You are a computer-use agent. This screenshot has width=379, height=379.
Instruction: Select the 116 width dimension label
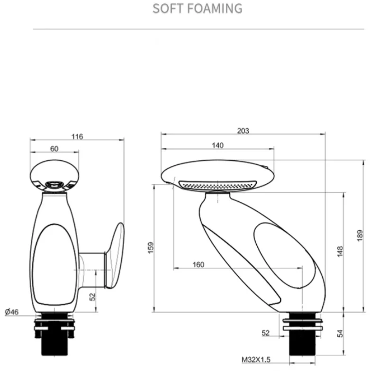[x=77, y=137]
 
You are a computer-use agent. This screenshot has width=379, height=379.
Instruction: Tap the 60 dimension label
[x=54, y=149]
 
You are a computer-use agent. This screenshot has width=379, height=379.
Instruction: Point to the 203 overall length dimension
[x=243, y=131]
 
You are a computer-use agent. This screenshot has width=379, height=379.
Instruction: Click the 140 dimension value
[x=217, y=145]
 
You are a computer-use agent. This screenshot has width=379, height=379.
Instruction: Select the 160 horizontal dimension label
[x=199, y=265]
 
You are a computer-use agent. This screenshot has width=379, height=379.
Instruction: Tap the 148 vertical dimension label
[x=340, y=252]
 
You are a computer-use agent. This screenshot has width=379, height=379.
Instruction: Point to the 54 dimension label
[x=340, y=334]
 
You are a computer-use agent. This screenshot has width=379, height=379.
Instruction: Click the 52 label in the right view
[x=265, y=333]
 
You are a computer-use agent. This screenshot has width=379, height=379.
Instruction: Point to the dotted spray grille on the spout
[x=217, y=185]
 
